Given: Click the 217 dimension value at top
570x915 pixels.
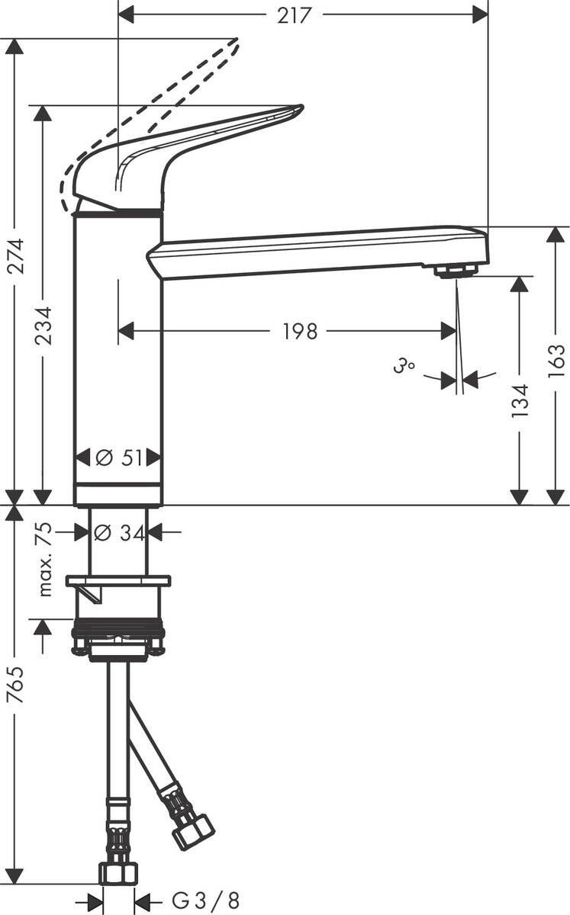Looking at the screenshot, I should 295,14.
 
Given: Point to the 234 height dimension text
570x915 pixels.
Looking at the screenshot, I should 43,326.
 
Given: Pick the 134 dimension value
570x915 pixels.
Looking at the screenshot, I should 520,400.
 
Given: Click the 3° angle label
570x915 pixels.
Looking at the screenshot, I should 404,368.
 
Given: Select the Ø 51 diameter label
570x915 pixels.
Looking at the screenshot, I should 118,458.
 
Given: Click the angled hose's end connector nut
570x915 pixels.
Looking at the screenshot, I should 193,831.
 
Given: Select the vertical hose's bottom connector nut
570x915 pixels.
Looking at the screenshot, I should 118,872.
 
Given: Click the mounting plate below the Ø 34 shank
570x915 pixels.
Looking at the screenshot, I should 118,583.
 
